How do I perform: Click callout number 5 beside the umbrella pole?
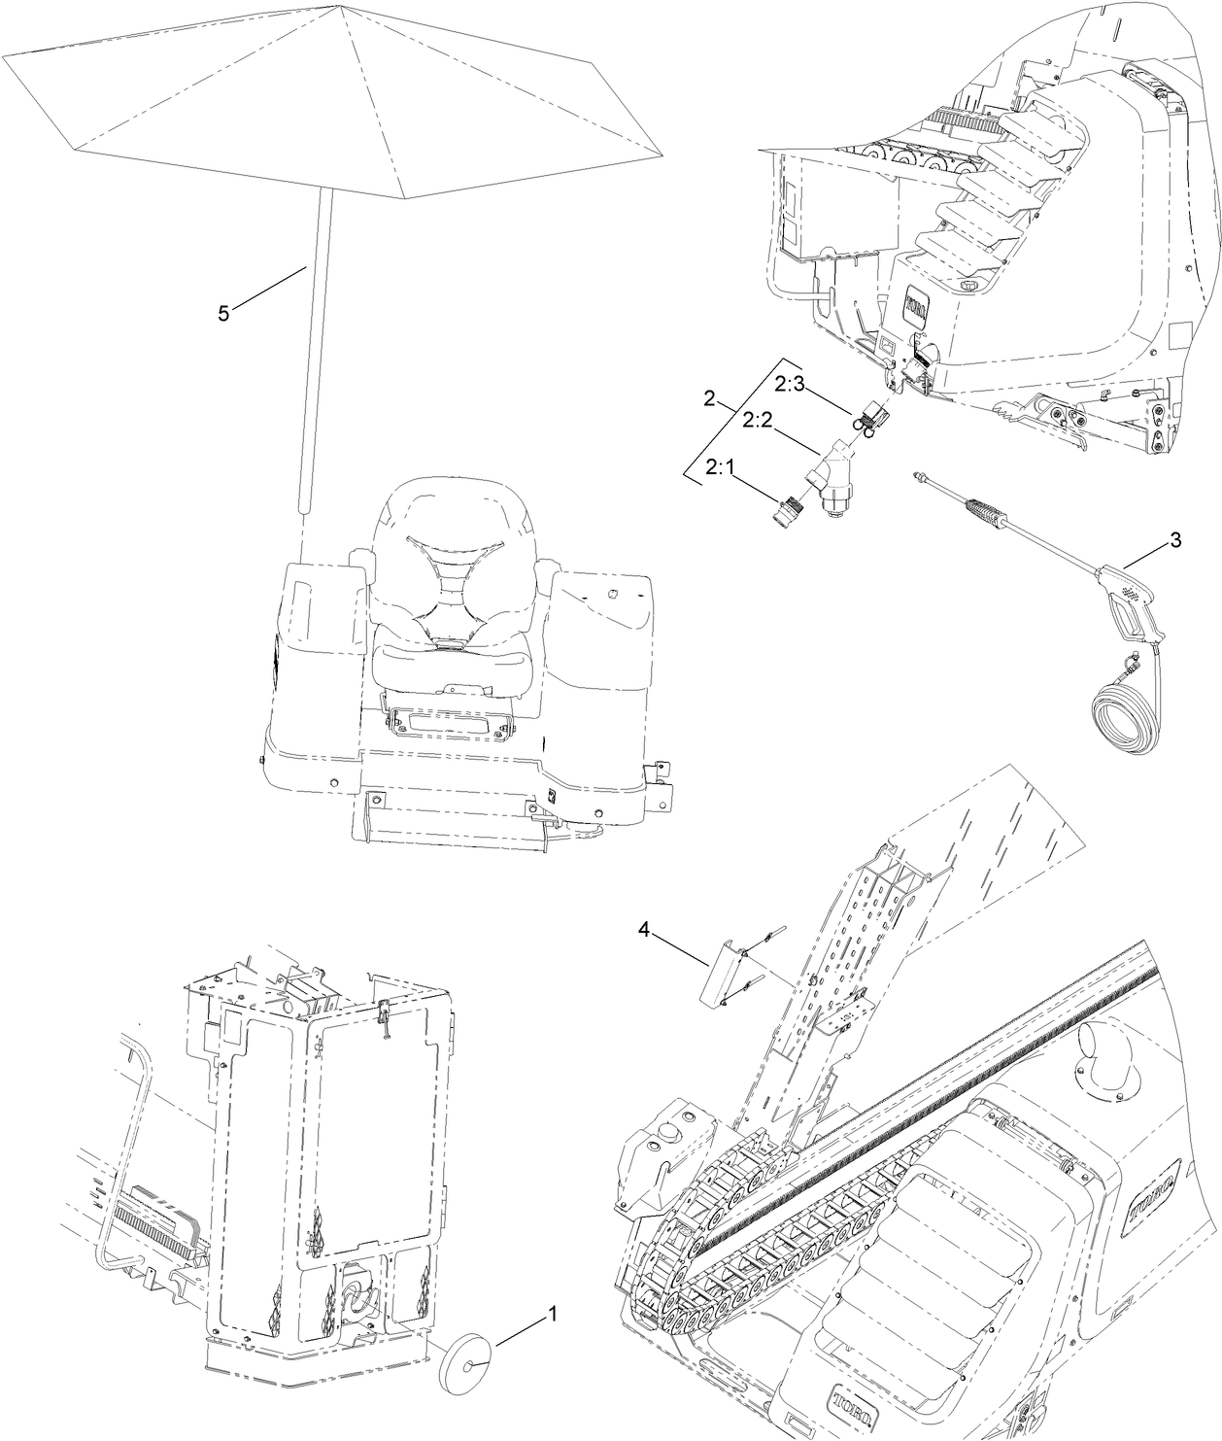point(223,313)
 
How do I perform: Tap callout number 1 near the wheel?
point(552,1315)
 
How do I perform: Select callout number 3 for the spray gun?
point(1175,540)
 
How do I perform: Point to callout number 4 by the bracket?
point(643,929)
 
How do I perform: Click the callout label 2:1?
point(719,468)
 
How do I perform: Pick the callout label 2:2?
point(758,420)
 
